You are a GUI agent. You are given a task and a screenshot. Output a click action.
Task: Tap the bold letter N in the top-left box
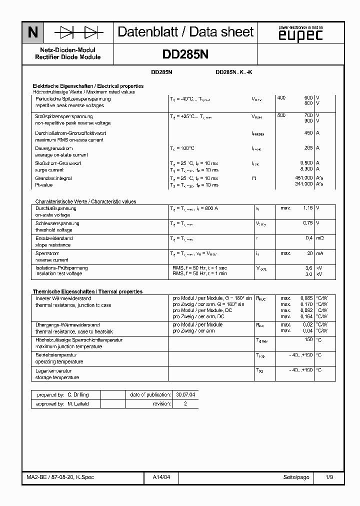click(x=33, y=33)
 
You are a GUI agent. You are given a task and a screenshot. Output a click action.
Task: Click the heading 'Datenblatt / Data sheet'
click(x=185, y=32)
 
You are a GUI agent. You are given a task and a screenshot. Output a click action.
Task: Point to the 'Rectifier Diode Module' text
click(x=68, y=57)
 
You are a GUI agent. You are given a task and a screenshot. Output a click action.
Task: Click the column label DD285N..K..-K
click(x=234, y=72)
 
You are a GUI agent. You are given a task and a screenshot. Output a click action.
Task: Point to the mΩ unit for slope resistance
click(x=319, y=238)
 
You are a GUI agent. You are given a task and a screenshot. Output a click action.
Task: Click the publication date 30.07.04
click(x=185, y=394)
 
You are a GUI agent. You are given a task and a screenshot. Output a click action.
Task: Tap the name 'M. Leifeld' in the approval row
click(x=78, y=403)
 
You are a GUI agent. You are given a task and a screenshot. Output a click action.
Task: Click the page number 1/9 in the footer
click(x=329, y=477)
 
